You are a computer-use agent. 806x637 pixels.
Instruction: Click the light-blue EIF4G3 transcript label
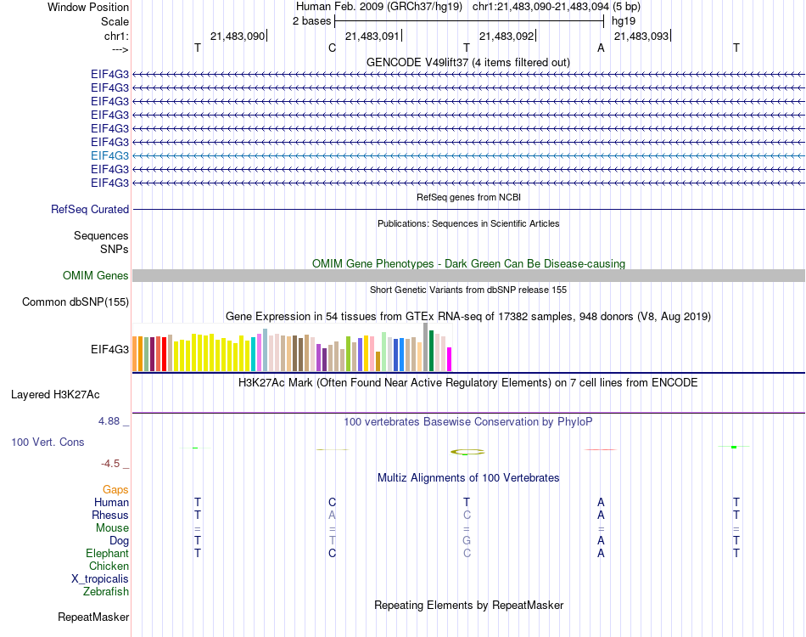[109, 155]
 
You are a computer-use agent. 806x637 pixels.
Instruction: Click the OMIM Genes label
[96, 275]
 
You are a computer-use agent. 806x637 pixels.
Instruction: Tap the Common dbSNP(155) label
[76, 302]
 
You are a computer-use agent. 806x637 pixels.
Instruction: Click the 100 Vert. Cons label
[48, 443]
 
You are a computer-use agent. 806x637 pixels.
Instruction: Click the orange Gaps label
[115, 489]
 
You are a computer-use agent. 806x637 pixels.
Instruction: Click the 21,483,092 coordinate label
[507, 37]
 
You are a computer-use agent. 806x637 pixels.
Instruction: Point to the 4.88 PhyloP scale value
[114, 420]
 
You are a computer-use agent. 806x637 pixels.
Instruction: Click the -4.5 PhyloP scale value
[112, 464]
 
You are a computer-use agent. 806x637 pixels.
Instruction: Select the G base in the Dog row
[467, 540]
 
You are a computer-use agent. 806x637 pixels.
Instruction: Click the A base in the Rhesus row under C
[333, 515]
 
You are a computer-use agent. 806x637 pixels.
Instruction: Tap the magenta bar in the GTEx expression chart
[450, 358]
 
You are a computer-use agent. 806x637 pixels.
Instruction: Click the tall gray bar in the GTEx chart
[425, 347]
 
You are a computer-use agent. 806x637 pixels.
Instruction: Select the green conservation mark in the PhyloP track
[734, 447]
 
